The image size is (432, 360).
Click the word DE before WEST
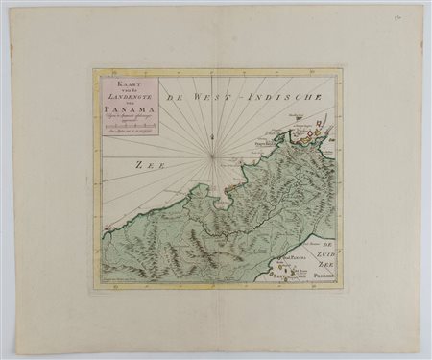(174, 96)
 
